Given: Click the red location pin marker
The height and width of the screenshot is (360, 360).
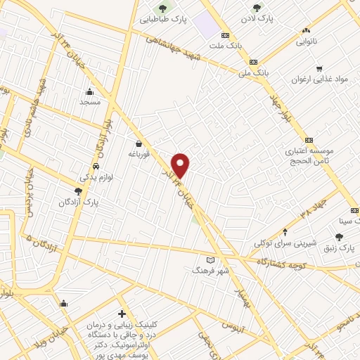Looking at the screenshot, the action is (x=181, y=165).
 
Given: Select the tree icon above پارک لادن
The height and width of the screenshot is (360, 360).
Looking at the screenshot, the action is (x=257, y=8).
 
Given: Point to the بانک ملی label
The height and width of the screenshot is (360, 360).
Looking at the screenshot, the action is (x=254, y=72).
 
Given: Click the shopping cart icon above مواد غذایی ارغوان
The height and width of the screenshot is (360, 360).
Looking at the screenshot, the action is (x=319, y=69).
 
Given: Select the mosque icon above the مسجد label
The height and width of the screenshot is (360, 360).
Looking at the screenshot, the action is (x=89, y=91).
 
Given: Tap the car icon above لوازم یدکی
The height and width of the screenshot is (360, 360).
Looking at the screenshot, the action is (x=94, y=167).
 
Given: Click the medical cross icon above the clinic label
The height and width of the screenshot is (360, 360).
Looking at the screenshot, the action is (x=122, y=314).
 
